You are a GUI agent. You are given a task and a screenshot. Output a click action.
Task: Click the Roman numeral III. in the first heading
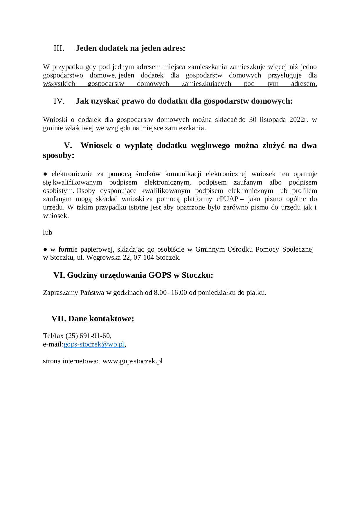(59, 48)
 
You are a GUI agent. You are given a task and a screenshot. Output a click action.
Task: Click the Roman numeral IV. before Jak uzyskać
(59, 101)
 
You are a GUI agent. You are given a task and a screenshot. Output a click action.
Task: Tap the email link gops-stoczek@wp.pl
(94, 344)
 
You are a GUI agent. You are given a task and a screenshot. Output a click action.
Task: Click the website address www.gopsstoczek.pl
(133, 361)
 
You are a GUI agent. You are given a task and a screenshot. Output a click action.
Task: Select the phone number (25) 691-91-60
(88, 336)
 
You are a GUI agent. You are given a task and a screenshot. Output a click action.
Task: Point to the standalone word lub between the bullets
(47, 232)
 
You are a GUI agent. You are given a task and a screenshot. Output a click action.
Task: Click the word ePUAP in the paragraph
(227, 199)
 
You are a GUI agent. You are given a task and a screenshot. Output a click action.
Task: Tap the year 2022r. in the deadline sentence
(298, 120)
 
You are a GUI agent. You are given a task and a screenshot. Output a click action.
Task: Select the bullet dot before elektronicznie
(45, 174)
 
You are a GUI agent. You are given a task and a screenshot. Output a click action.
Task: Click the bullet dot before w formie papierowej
(45, 249)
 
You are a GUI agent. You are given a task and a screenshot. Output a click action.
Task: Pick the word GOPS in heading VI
(160, 275)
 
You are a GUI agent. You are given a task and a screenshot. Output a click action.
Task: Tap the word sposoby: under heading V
(59, 156)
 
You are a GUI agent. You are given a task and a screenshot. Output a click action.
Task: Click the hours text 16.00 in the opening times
(179, 293)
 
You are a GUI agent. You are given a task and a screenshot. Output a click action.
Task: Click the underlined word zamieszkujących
(206, 84)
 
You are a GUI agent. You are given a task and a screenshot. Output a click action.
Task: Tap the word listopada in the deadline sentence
(273, 120)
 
